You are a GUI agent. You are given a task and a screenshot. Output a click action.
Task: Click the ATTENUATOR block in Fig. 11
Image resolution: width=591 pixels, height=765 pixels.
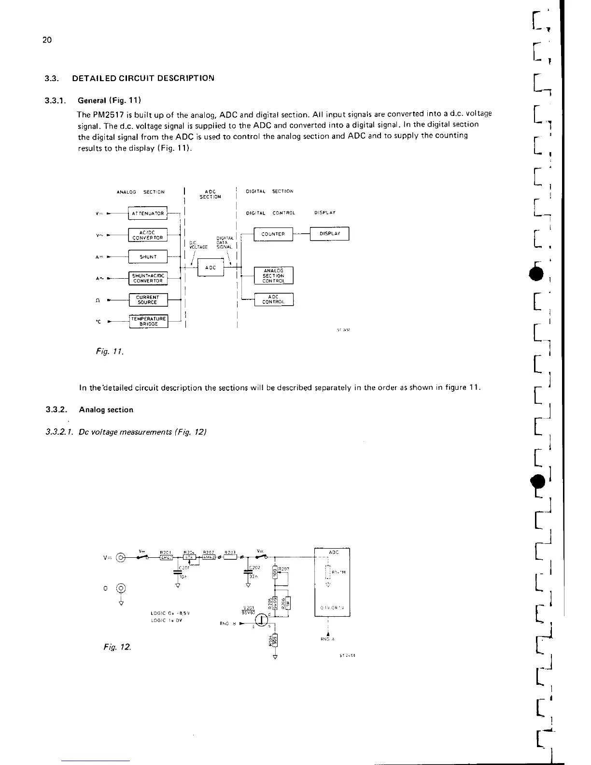(147, 213)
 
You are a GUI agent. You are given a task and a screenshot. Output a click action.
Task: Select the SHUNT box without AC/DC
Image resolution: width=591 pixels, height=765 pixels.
(147, 257)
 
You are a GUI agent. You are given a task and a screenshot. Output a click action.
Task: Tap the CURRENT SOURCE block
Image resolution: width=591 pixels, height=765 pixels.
(147, 300)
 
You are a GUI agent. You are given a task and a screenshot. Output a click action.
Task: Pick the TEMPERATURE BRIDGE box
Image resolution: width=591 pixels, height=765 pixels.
(148, 321)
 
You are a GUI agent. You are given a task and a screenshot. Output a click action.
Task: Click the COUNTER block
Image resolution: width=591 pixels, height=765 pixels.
(273, 234)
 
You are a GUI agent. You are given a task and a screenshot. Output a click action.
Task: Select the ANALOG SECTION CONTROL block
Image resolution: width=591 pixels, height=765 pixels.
(273, 276)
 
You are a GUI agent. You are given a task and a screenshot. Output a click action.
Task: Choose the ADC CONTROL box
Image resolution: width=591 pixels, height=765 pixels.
(273, 299)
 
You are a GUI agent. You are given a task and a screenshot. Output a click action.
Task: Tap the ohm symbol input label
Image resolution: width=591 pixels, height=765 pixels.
(98, 300)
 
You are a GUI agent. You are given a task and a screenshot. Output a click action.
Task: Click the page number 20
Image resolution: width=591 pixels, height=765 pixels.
(47, 40)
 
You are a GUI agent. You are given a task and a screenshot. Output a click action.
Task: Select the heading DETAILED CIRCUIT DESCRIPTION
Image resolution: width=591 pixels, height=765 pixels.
(143, 78)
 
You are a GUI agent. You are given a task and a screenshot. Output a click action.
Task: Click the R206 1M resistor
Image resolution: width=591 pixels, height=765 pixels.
(284, 604)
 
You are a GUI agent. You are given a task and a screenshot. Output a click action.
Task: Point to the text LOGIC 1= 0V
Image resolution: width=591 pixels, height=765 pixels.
(167, 621)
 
